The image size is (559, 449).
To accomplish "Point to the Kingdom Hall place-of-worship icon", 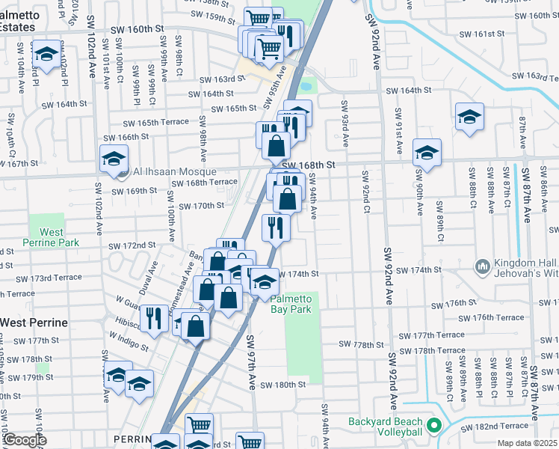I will coord(481,266).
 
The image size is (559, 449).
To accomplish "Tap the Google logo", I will coord(24,439).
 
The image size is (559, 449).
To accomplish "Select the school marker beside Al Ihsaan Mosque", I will coord(114,159).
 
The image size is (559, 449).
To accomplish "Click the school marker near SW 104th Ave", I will coord(47,54).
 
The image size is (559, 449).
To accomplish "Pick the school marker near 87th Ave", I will coord(469,117).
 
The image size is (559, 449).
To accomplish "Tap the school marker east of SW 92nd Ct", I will coord(427,153).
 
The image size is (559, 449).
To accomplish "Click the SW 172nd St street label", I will coord(132,245).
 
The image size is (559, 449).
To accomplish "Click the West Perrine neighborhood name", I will coord(34,323).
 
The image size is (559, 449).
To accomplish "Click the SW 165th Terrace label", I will coord(155,122).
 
